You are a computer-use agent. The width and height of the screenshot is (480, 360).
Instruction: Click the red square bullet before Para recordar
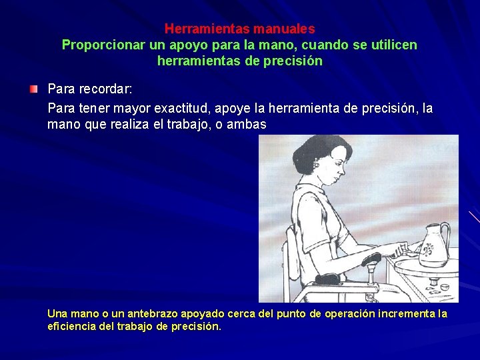[34, 89]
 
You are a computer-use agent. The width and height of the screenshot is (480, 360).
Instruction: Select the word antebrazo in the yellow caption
[151, 313]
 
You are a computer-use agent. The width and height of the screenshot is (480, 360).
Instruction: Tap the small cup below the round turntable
[443, 287]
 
